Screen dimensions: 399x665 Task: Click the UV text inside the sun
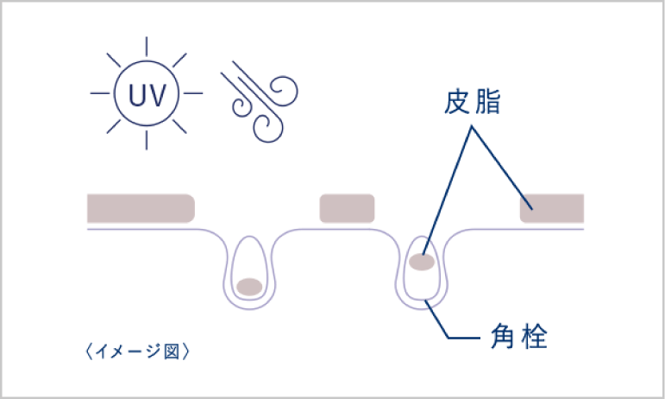(147, 92)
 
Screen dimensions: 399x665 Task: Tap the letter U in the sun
(136, 92)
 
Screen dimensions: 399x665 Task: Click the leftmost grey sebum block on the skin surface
(141, 208)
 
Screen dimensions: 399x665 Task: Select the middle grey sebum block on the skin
(347, 208)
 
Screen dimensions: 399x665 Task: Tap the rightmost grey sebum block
(552, 208)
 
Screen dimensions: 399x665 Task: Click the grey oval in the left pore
(250, 286)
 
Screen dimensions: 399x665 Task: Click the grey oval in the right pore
(422, 262)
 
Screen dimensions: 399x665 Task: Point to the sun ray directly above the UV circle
(147, 46)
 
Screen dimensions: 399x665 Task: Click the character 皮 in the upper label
(457, 103)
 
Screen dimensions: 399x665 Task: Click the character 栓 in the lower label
(535, 335)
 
